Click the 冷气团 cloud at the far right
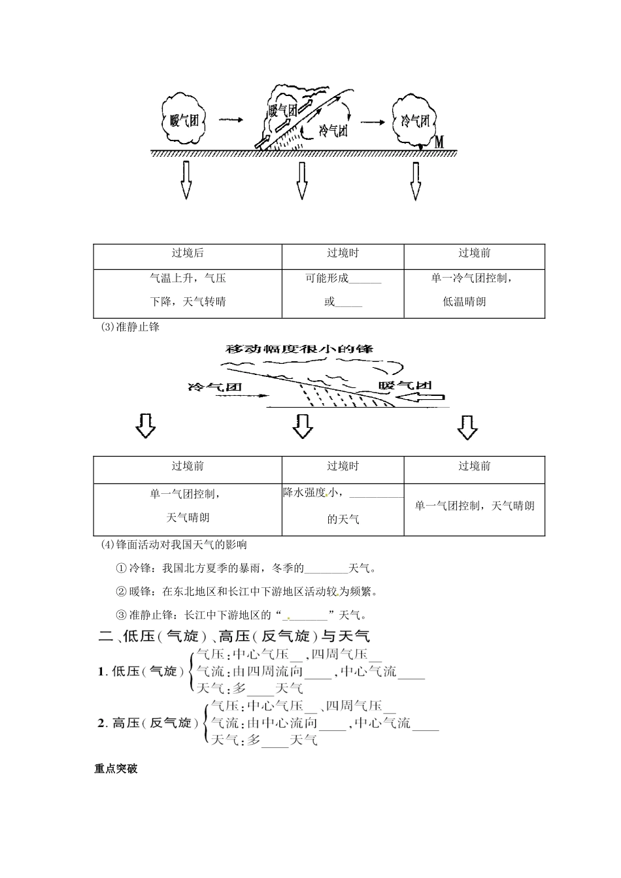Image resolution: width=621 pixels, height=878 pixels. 416,120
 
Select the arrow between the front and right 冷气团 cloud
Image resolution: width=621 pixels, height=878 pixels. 373,122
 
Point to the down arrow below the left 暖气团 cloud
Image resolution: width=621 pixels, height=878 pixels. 186,180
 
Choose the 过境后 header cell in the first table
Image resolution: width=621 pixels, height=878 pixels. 188,253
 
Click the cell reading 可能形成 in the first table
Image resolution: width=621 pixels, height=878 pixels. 343,290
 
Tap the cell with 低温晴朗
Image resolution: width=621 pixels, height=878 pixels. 474,290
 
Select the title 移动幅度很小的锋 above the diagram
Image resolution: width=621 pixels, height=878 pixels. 299,348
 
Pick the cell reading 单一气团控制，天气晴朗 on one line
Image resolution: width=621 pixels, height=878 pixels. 474,506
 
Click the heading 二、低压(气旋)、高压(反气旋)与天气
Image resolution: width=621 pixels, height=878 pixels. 234,636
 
